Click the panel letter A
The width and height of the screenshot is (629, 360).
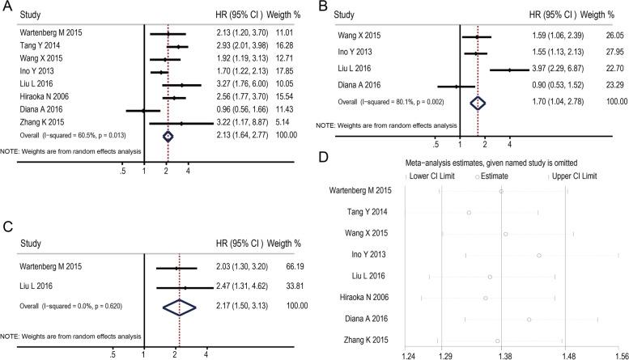tap(6, 7)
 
